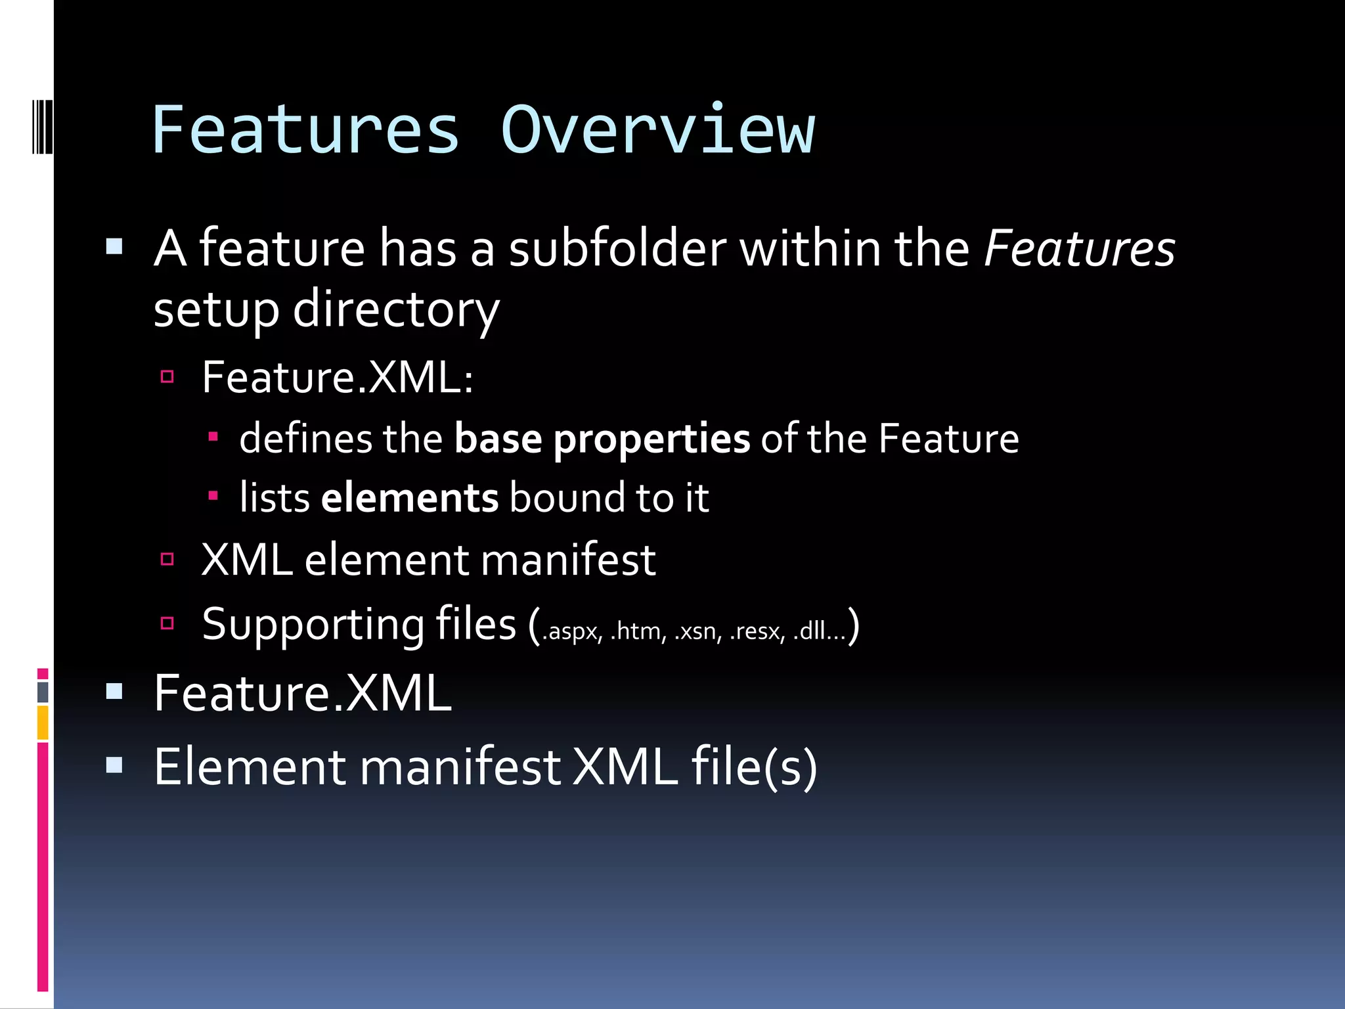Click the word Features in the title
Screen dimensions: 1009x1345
[305, 131]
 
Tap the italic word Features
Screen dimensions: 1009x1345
[1079, 250]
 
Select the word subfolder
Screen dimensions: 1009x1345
[617, 250]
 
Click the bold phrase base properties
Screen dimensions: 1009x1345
[602, 439]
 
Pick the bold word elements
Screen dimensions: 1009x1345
[409, 498]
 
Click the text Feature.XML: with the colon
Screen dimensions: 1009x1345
[338, 378]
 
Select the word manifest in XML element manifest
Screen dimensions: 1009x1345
[568, 560]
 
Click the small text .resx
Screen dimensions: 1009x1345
[757, 631]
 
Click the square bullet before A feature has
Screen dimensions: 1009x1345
[114, 247]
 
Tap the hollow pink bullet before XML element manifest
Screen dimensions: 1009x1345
[167, 559]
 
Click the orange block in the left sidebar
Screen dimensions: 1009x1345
[43, 722]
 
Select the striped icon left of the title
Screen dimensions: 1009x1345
[43, 126]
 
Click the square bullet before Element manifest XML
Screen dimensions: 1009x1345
[114, 765]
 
